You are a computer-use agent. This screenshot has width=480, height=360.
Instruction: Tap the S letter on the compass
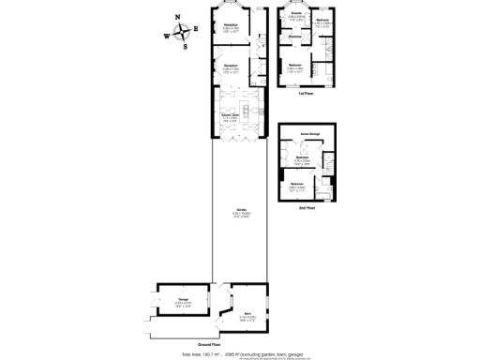tap(186, 46)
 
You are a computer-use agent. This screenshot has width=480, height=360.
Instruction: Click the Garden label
tap(241, 210)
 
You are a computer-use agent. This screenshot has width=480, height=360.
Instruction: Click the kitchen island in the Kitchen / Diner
tap(249, 112)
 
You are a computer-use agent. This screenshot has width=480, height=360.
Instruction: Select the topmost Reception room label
tap(230, 26)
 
